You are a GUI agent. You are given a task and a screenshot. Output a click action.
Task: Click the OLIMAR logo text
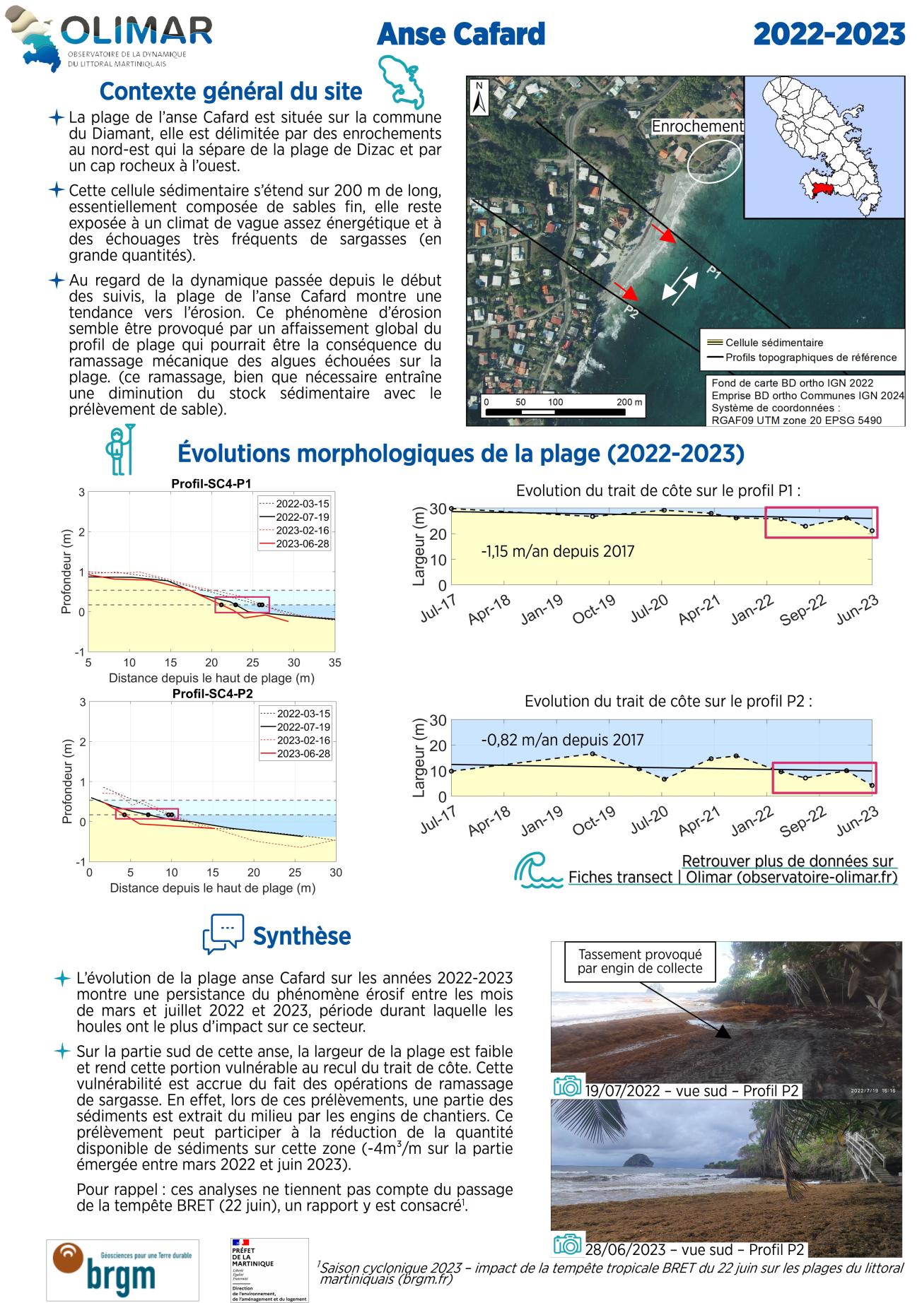(x=136, y=32)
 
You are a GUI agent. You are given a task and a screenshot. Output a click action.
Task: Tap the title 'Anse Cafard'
(x=461, y=34)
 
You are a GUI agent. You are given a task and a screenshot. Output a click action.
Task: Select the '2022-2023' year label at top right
(x=829, y=34)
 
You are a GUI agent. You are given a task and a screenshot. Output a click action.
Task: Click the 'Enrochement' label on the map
(x=697, y=126)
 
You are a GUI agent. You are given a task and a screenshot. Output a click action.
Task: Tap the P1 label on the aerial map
(x=713, y=273)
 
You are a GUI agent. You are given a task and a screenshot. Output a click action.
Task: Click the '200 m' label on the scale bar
(x=629, y=402)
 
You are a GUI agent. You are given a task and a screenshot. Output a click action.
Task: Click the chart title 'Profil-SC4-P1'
(x=211, y=484)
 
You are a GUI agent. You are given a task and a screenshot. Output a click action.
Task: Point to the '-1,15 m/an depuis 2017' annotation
(x=557, y=551)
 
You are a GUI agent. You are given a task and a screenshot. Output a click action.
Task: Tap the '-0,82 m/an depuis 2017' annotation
(x=562, y=740)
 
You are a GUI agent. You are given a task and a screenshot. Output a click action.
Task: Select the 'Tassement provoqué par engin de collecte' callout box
(x=639, y=961)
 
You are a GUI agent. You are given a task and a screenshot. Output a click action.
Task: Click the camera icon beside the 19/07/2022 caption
(x=567, y=1086)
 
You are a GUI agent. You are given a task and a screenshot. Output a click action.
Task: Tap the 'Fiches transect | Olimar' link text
(x=733, y=877)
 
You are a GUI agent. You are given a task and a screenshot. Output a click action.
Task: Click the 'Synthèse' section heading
(x=301, y=936)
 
